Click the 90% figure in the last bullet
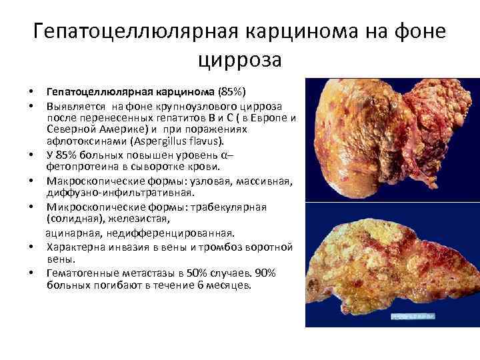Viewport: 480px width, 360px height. pyautogui.click(x=267, y=273)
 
